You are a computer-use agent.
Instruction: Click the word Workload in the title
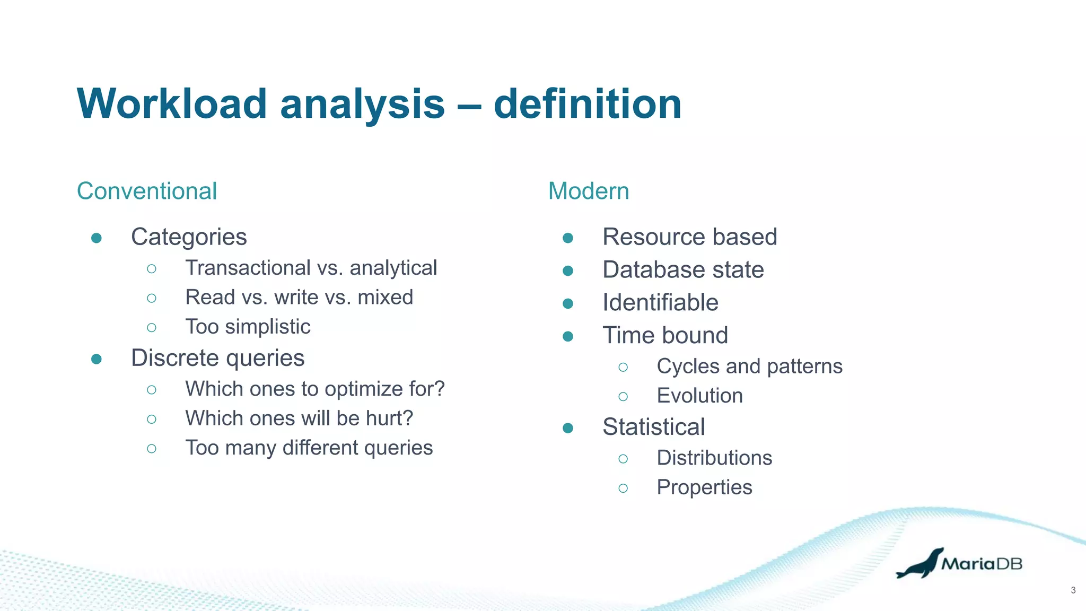point(172,103)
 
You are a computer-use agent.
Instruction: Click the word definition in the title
point(587,103)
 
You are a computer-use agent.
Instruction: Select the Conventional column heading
point(147,191)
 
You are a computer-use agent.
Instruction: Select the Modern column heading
point(589,191)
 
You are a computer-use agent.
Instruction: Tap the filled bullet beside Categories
point(97,238)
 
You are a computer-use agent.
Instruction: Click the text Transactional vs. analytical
point(311,268)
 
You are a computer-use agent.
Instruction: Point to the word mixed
point(385,297)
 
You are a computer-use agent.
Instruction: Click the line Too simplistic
point(248,327)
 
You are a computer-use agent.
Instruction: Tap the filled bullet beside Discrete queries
point(97,359)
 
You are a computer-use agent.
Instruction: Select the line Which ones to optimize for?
point(314,389)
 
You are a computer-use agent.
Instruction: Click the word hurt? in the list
point(389,418)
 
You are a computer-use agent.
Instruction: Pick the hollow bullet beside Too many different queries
point(152,449)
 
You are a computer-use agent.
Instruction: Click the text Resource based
point(689,237)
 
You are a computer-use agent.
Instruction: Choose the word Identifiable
point(660,303)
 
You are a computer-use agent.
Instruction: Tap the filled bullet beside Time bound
point(568,336)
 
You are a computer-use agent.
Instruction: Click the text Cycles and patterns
point(749,366)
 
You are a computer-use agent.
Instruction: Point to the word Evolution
point(699,396)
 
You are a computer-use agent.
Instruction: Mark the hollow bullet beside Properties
point(623,488)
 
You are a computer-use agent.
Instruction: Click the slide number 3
point(1073,590)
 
